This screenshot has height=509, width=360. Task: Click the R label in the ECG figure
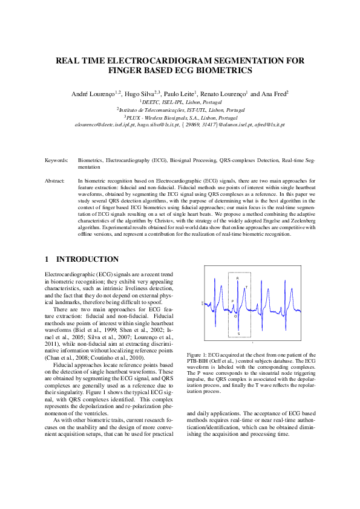click(238, 278)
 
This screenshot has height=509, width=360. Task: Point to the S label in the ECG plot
click(238, 334)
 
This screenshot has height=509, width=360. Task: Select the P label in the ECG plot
click(232, 300)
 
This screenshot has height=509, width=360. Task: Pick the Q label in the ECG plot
click(235, 316)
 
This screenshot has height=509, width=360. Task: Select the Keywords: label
click(56, 161)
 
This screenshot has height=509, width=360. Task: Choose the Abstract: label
click(55, 181)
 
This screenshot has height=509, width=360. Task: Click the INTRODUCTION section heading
click(88, 259)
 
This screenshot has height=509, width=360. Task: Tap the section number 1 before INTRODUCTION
click(47, 259)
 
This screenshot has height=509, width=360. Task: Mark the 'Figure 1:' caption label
click(197, 354)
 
